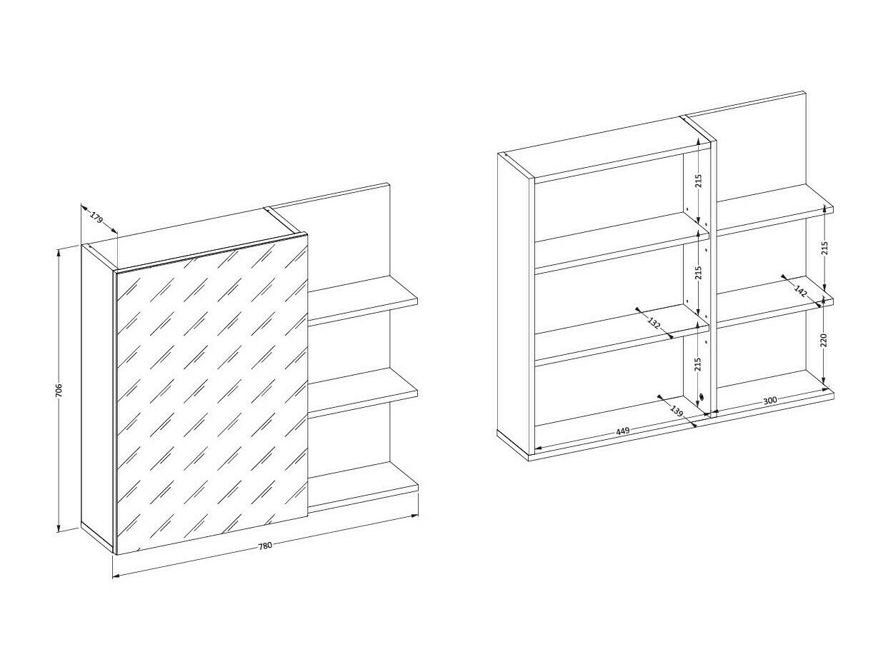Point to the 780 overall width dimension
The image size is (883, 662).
pyautogui.click(x=264, y=546)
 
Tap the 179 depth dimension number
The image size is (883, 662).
pyautogui.click(x=98, y=216)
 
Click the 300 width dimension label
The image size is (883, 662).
pyautogui.click(x=769, y=401)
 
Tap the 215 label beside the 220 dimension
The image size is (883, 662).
pyautogui.click(x=824, y=248)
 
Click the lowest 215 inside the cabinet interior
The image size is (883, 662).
pyautogui.click(x=698, y=364)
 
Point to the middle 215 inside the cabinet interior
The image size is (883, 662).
pyautogui.click(x=698, y=272)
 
